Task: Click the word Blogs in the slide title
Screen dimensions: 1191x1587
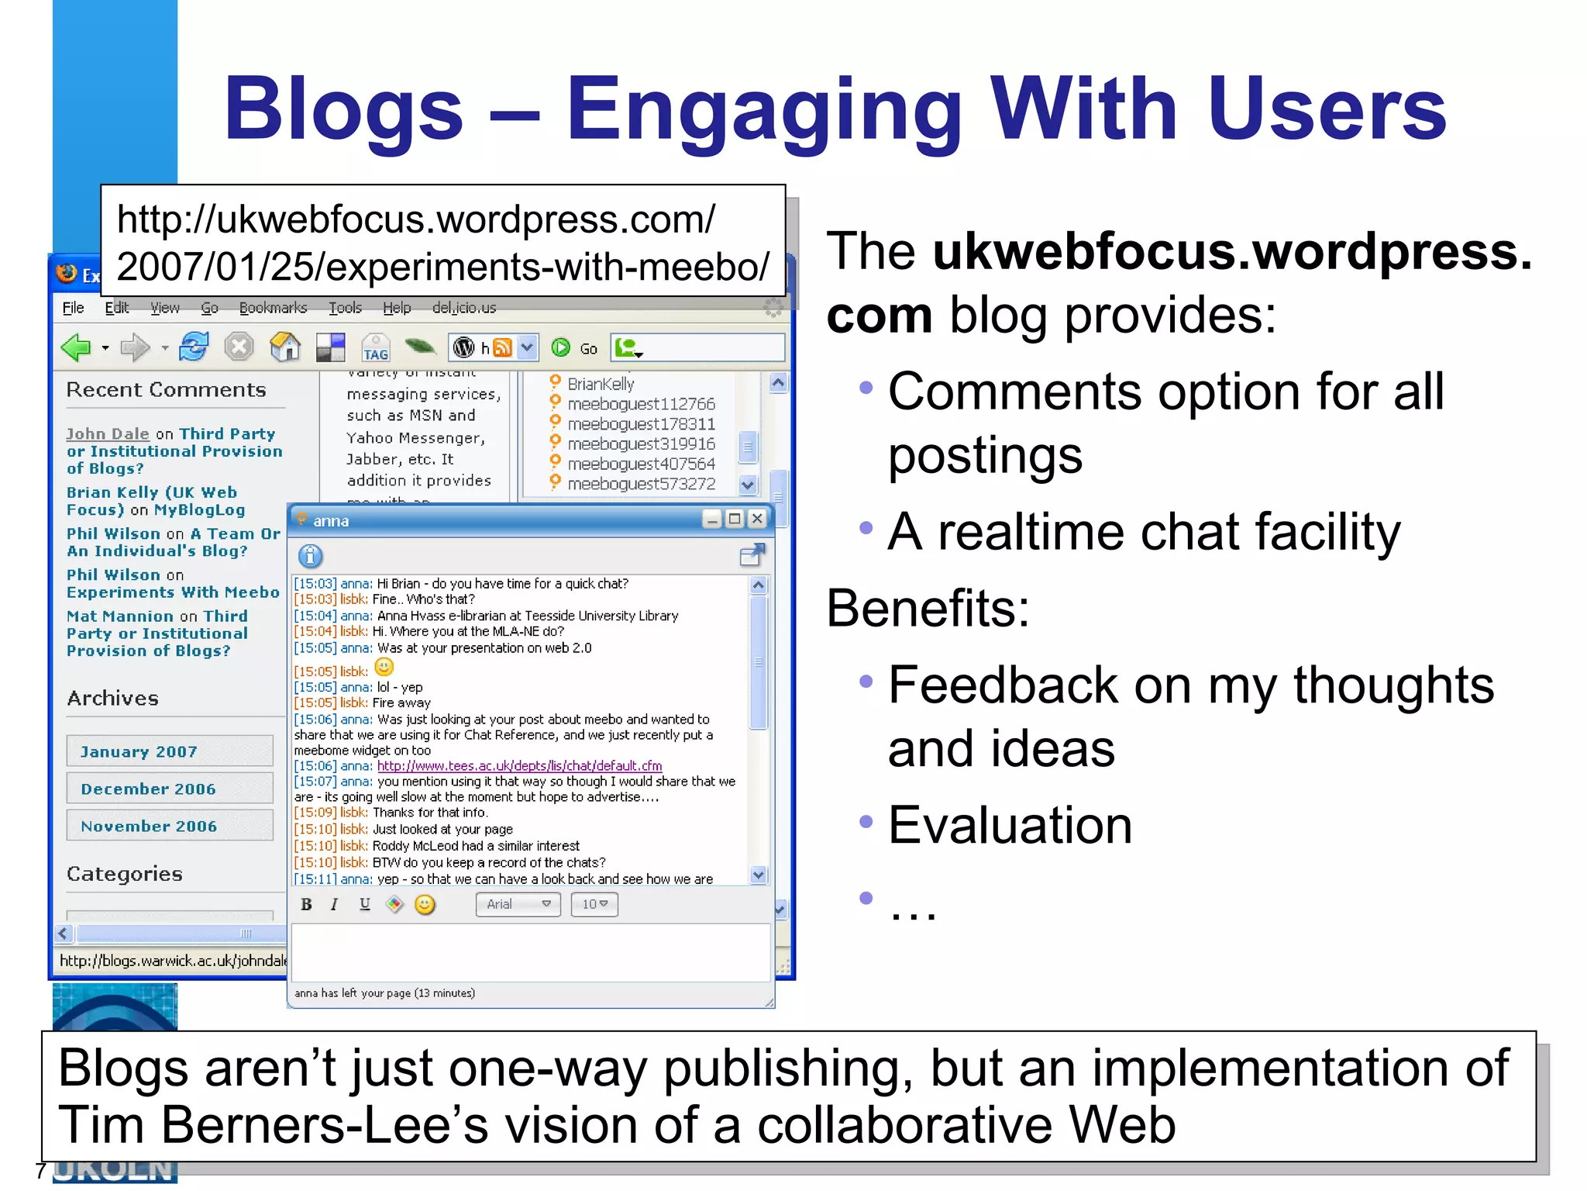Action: tap(343, 110)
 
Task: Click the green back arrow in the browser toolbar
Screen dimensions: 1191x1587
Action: tap(77, 347)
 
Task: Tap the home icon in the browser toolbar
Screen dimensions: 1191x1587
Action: tap(284, 347)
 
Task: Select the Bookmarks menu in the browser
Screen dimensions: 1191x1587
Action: tap(273, 308)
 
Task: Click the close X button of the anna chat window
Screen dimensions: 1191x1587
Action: tap(758, 519)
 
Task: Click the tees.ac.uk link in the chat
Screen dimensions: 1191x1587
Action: tap(519, 766)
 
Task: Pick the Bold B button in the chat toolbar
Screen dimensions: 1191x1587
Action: tap(306, 904)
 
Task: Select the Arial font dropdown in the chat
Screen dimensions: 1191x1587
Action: tap(518, 904)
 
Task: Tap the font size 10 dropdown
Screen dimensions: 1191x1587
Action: tap(594, 904)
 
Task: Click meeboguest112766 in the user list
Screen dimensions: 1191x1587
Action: tap(641, 404)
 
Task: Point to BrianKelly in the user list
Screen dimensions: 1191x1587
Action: tap(601, 384)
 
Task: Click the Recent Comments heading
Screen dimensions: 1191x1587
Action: tap(166, 390)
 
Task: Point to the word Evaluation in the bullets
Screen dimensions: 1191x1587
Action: tap(1010, 825)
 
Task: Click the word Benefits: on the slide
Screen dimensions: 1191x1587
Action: tap(928, 609)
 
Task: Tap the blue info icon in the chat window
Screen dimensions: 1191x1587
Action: tap(310, 556)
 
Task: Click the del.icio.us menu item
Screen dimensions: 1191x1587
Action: tap(464, 308)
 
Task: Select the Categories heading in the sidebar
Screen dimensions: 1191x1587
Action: tap(125, 874)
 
